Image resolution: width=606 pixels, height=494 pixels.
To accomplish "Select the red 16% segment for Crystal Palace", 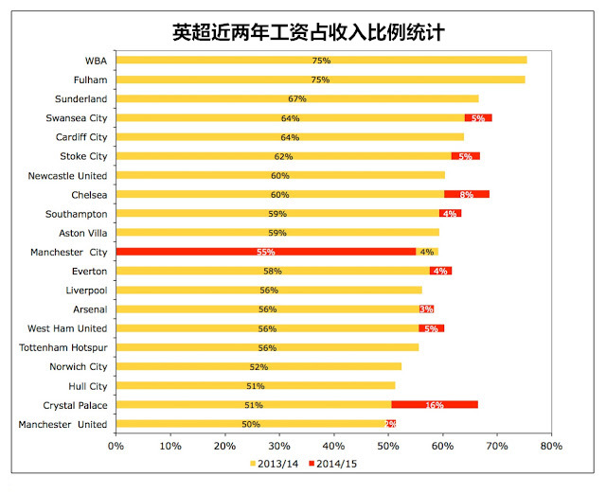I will pos(435,405).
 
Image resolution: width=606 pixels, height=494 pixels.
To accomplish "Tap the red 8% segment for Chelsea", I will pos(466,194).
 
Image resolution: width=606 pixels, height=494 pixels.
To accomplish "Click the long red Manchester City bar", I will pos(265,252).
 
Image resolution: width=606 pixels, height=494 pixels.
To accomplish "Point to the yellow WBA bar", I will pos(321,61).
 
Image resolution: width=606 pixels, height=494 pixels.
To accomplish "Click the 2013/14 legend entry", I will pos(276,464).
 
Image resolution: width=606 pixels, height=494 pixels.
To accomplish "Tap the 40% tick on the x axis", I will pos(333,445).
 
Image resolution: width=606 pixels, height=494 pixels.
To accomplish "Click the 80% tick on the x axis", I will pos(551,445).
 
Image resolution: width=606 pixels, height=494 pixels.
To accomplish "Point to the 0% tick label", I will pos(116,445).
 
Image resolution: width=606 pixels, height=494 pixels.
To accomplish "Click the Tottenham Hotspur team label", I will pos(65,347).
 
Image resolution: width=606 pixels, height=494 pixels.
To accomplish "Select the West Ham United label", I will pos(68,328).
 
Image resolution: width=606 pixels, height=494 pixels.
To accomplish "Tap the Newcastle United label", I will pos(68,175).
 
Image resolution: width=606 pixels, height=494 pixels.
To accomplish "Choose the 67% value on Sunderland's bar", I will pos(297,98).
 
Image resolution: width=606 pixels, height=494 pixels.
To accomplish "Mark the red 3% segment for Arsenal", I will pos(426,309).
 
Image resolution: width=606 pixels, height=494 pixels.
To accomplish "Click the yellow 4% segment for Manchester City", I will pos(427,252).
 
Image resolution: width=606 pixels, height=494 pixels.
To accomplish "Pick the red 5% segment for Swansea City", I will pos(478,118).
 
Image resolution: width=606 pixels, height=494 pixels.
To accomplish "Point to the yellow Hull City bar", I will pos(255,386).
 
